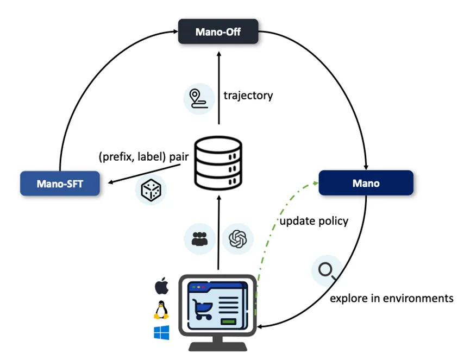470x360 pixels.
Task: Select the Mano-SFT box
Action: tap(60, 184)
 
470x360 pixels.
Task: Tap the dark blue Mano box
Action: tap(366, 183)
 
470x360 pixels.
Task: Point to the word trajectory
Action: tap(248, 96)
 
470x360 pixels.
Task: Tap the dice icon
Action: tap(151, 190)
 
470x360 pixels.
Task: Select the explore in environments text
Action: tap(391, 298)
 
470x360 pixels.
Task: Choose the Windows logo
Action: tap(161, 332)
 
